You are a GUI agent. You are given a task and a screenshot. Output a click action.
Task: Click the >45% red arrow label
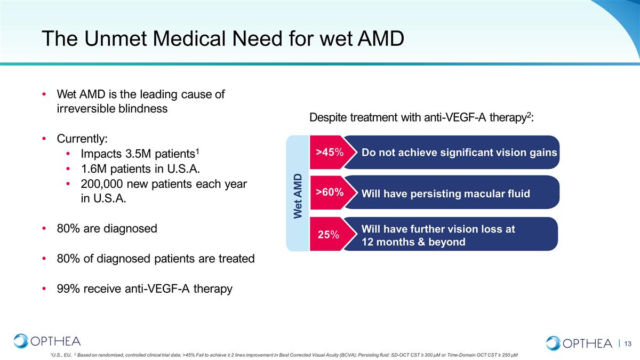330,153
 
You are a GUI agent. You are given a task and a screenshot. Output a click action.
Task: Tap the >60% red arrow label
330,193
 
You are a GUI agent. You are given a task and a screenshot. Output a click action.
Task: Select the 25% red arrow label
329,235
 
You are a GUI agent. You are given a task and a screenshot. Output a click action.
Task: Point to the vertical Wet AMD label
298,196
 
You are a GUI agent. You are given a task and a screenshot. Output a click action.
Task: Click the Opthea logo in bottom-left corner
47,341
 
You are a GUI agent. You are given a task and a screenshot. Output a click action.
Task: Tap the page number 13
627,343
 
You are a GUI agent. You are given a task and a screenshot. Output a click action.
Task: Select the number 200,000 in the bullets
102,184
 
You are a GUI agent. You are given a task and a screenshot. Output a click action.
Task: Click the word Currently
82,139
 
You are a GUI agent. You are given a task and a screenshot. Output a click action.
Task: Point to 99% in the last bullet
68,289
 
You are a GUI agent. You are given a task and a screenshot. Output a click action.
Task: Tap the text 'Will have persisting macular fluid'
446,194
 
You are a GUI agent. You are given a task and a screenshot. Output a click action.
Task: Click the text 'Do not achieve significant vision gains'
459,153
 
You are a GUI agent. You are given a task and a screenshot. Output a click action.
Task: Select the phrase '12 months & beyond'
413,242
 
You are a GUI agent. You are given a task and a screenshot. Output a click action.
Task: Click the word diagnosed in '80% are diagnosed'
130,229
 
